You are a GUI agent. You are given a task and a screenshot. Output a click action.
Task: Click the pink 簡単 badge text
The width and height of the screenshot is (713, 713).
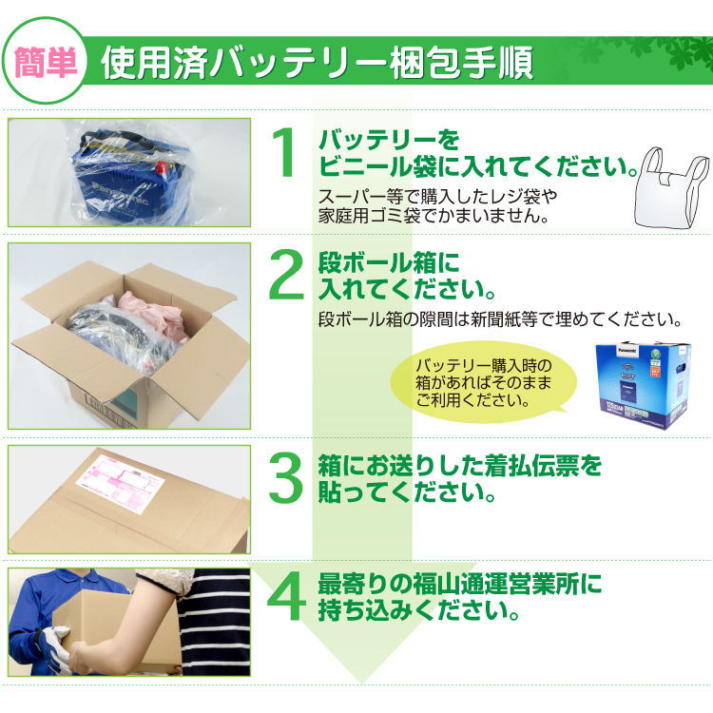tap(46, 62)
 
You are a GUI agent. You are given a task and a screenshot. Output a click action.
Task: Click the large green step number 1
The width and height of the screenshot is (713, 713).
tap(284, 153)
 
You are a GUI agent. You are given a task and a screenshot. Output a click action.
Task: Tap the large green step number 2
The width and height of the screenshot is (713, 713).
tap(286, 275)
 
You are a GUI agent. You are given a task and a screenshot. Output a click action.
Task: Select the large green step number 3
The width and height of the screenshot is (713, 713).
tap(285, 478)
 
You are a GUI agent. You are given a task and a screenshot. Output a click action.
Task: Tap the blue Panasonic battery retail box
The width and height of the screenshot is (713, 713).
tap(643, 385)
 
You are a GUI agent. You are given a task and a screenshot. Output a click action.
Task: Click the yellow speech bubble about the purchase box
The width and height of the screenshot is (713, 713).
tap(483, 382)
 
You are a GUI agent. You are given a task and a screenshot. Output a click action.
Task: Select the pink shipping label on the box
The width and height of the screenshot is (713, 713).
tap(119, 483)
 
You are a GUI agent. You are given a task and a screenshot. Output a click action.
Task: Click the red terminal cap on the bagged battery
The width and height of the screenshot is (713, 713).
tap(163, 167)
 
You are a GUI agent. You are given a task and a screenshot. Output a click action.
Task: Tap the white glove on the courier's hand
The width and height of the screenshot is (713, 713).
tap(55, 647)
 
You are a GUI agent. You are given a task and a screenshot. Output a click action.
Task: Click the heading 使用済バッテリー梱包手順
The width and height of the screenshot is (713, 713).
tap(317, 62)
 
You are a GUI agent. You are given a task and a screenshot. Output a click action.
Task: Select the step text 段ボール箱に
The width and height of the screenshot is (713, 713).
tap(389, 262)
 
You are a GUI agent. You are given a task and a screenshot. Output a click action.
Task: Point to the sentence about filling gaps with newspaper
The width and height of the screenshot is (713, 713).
tap(500, 319)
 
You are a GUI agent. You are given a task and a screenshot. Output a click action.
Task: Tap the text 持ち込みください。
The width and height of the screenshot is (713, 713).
tap(419, 610)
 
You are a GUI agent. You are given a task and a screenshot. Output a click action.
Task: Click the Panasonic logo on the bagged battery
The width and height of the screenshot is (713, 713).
tap(120, 194)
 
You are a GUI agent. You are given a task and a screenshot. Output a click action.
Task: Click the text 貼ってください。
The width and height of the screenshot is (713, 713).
tap(407, 492)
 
